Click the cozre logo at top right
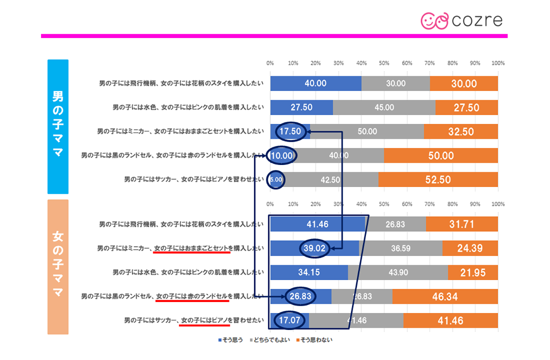[462, 20]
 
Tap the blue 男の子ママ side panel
[58, 126]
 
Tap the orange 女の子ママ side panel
[58, 267]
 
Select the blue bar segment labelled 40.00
[316, 83]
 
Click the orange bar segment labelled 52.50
[438, 180]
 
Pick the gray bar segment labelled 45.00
[384, 107]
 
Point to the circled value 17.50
[290, 132]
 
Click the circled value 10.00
[282, 156]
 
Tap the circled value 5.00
[276, 180]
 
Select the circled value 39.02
[314, 248]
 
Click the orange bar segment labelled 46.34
[445, 297]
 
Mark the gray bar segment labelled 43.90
[398, 272]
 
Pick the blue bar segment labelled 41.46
[317, 224]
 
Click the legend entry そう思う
[231, 340]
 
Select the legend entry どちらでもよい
[271, 340]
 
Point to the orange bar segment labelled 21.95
[473, 272]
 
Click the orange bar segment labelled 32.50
[461, 132]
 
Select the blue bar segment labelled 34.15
[309, 272]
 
